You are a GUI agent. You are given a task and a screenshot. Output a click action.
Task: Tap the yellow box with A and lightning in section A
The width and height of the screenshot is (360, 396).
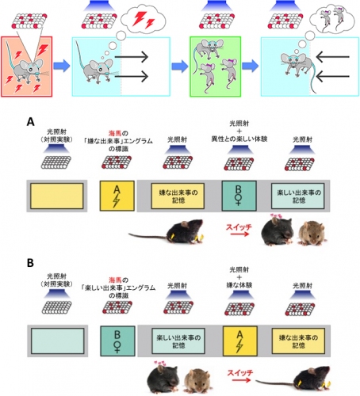[116, 194]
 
